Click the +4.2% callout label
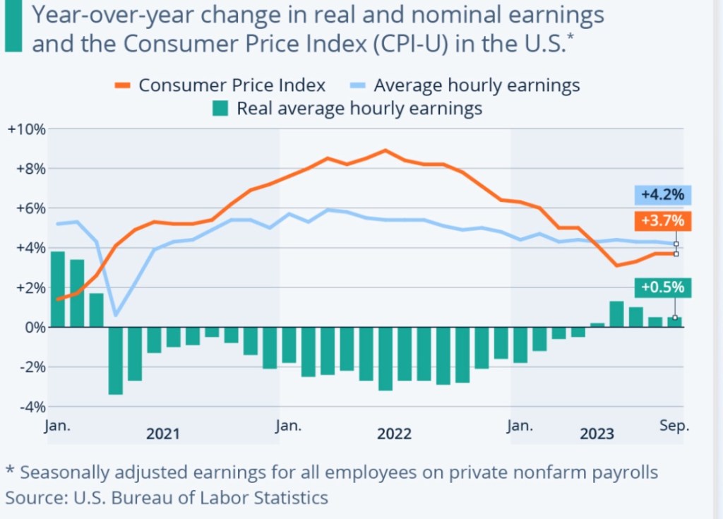(662, 195)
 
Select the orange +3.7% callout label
(662, 220)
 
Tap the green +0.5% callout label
(662, 288)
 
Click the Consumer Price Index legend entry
(220, 85)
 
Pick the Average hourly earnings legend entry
(466, 85)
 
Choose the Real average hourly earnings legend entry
(349, 109)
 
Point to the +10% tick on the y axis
(26, 129)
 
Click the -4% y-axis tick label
(26, 407)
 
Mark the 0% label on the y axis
(32, 328)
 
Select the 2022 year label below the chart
(394, 434)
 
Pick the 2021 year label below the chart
(162, 434)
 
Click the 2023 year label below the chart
(597, 434)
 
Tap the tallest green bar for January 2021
(58, 290)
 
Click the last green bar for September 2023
(674, 322)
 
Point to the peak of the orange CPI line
(385, 150)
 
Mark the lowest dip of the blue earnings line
(116, 314)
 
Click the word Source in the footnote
(32, 498)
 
